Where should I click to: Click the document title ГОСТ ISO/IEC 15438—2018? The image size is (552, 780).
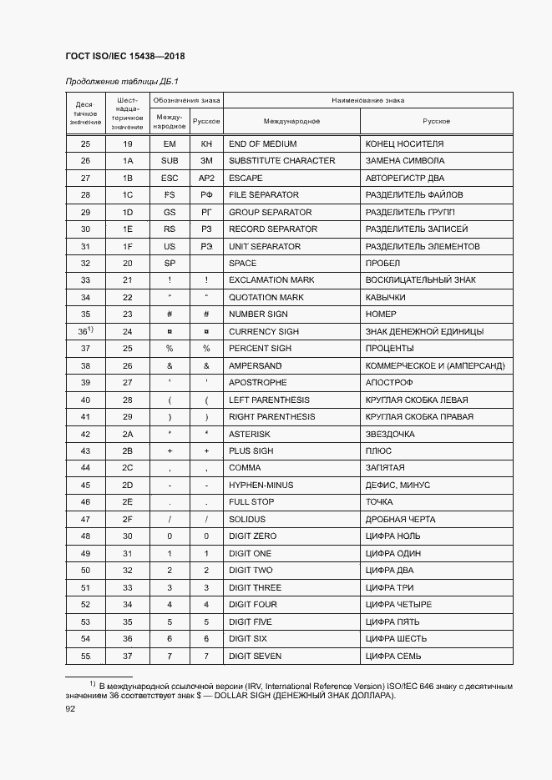124,56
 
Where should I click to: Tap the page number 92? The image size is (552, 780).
70,708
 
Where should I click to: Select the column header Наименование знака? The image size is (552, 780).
368,100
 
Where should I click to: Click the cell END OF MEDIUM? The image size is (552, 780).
262,143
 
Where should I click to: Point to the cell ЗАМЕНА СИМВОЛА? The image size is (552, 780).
404,160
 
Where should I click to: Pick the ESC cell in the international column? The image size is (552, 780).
170,178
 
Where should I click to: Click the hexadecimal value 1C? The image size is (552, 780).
128,194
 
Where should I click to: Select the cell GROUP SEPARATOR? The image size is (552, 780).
270,212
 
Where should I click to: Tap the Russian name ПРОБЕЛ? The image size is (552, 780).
382,263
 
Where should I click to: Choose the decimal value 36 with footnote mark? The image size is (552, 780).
84,331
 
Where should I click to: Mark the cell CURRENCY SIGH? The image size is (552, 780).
263,331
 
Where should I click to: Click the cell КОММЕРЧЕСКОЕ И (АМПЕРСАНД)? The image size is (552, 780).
434,365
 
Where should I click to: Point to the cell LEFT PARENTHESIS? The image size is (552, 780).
268,400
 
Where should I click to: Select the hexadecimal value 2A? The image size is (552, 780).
128,434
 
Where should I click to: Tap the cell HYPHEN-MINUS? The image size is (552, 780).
260,485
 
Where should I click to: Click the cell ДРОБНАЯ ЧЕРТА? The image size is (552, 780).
400,519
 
